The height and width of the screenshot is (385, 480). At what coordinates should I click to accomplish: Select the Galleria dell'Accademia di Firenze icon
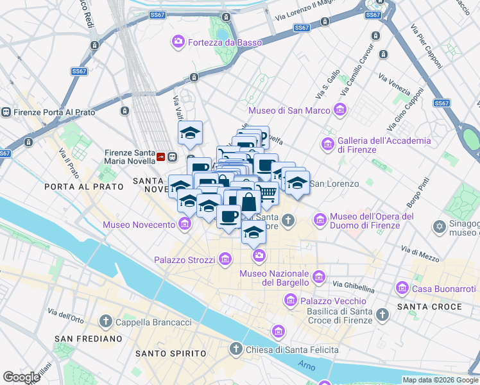coord(329,142)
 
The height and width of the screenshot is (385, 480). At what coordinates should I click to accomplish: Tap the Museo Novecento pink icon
coord(185,224)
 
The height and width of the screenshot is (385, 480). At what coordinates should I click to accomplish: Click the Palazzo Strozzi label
coord(186,260)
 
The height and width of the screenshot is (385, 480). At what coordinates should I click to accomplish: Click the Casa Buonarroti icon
coord(403,286)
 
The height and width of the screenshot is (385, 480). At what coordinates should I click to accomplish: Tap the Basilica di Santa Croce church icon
coord(383,314)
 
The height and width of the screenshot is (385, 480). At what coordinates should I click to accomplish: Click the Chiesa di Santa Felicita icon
coord(236,349)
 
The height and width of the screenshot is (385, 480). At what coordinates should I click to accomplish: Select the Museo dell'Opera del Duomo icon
coord(320,220)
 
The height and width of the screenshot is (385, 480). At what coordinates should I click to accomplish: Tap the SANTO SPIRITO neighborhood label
coord(171,354)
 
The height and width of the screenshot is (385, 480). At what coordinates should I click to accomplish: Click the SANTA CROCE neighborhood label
coord(429,307)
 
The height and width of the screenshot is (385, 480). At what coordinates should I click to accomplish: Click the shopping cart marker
coord(268,193)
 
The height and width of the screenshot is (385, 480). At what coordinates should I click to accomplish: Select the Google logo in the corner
coord(21,377)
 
